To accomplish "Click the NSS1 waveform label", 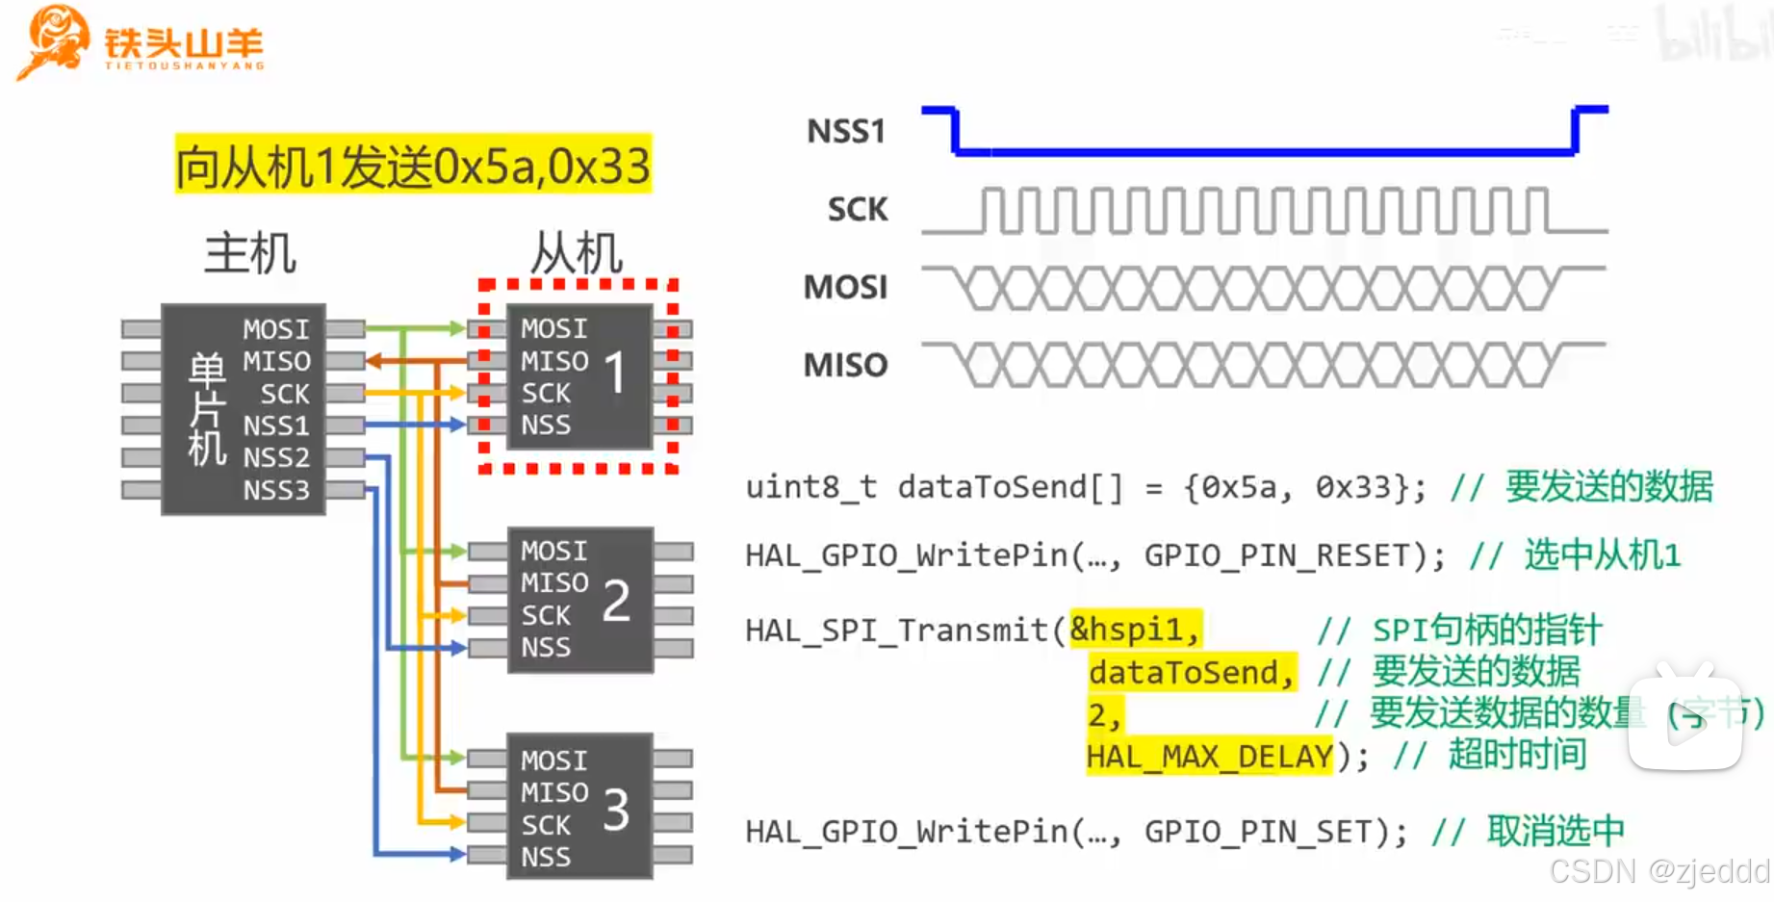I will point(845,131).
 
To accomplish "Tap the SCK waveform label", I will point(857,209).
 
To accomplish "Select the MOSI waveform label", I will point(845,287).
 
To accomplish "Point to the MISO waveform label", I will point(845,365).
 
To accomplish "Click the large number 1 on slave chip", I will point(616,374).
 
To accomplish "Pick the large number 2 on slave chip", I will point(616,600).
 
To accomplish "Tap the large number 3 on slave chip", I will point(616,810).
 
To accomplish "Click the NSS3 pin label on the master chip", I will point(276,491).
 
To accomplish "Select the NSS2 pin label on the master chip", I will point(276,457).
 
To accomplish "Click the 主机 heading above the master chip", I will point(250,253).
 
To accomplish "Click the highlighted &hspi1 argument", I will point(1135,630).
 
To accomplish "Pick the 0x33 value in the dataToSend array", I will point(1354,487).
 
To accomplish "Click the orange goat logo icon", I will point(53,40).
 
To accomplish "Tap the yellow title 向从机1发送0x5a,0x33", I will point(413,166).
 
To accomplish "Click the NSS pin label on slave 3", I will point(546,857).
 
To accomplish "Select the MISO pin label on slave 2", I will point(554,583).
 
